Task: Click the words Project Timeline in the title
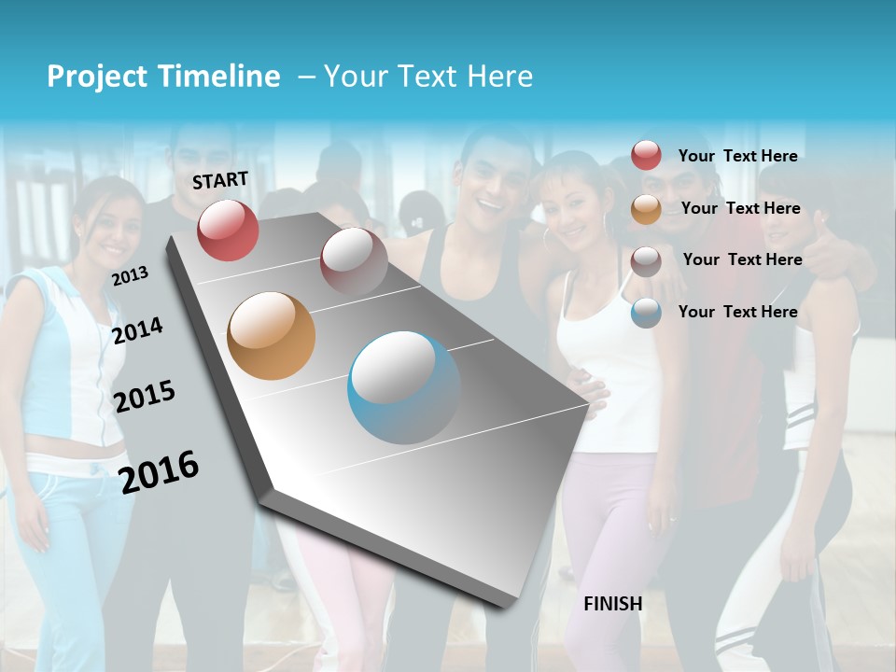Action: click(x=163, y=77)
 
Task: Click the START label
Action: click(x=220, y=180)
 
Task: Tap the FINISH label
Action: click(x=613, y=604)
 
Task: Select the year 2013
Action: click(x=130, y=276)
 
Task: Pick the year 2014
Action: click(x=137, y=330)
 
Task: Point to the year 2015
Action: click(x=145, y=397)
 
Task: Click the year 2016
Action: click(x=159, y=471)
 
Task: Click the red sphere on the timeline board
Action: click(x=228, y=230)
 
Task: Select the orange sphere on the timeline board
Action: click(x=271, y=336)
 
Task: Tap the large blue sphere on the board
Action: click(x=404, y=387)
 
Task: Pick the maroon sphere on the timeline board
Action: click(x=354, y=261)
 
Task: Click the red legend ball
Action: click(x=646, y=155)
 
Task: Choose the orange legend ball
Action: click(x=646, y=209)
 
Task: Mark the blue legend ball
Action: click(x=646, y=313)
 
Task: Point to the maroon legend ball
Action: click(x=646, y=261)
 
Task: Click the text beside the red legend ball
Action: click(x=737, y=156)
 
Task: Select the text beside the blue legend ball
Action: click(x=737, y=312)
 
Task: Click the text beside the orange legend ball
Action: click(x=740, y=208)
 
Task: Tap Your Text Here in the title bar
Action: click(x=428, y=77)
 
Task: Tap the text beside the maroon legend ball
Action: click(x=742, y=259)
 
